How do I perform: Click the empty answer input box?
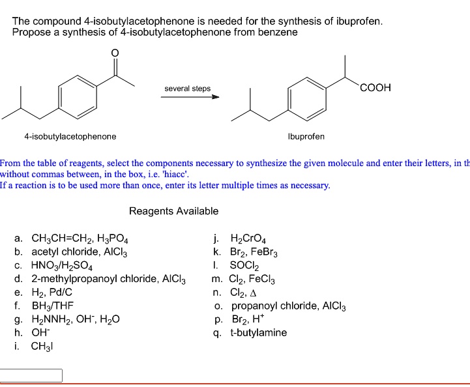pyautogui.click(x=31, y=375)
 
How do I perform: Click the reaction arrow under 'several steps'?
pyautogui.click(x=191, y=98)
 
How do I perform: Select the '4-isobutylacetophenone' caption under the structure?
pyautogui.click(x=70, y=137)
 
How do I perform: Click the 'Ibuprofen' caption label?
pyautogui.click(x=306, y=137)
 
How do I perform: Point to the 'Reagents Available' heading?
pyautogui.click(x=173, y=211)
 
